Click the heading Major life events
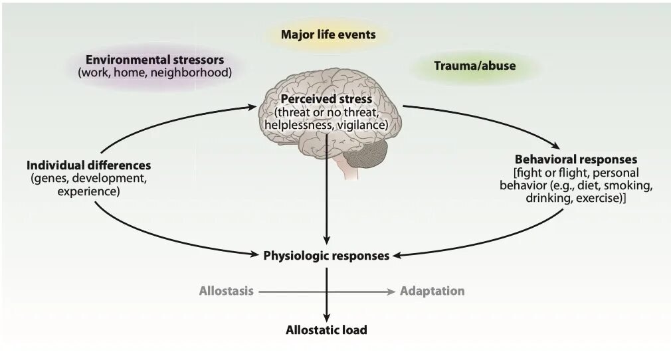point(328,34)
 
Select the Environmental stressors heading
point(155,60)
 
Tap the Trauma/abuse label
point(474,66)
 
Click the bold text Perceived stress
point(326,99)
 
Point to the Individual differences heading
point(89,165)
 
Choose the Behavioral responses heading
point(576,159)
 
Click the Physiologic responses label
point(326,255)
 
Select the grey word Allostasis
point(226,291)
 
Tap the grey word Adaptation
point(432,291)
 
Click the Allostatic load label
point(326,329)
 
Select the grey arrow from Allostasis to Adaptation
point(326,291)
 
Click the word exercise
point(599,198)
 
